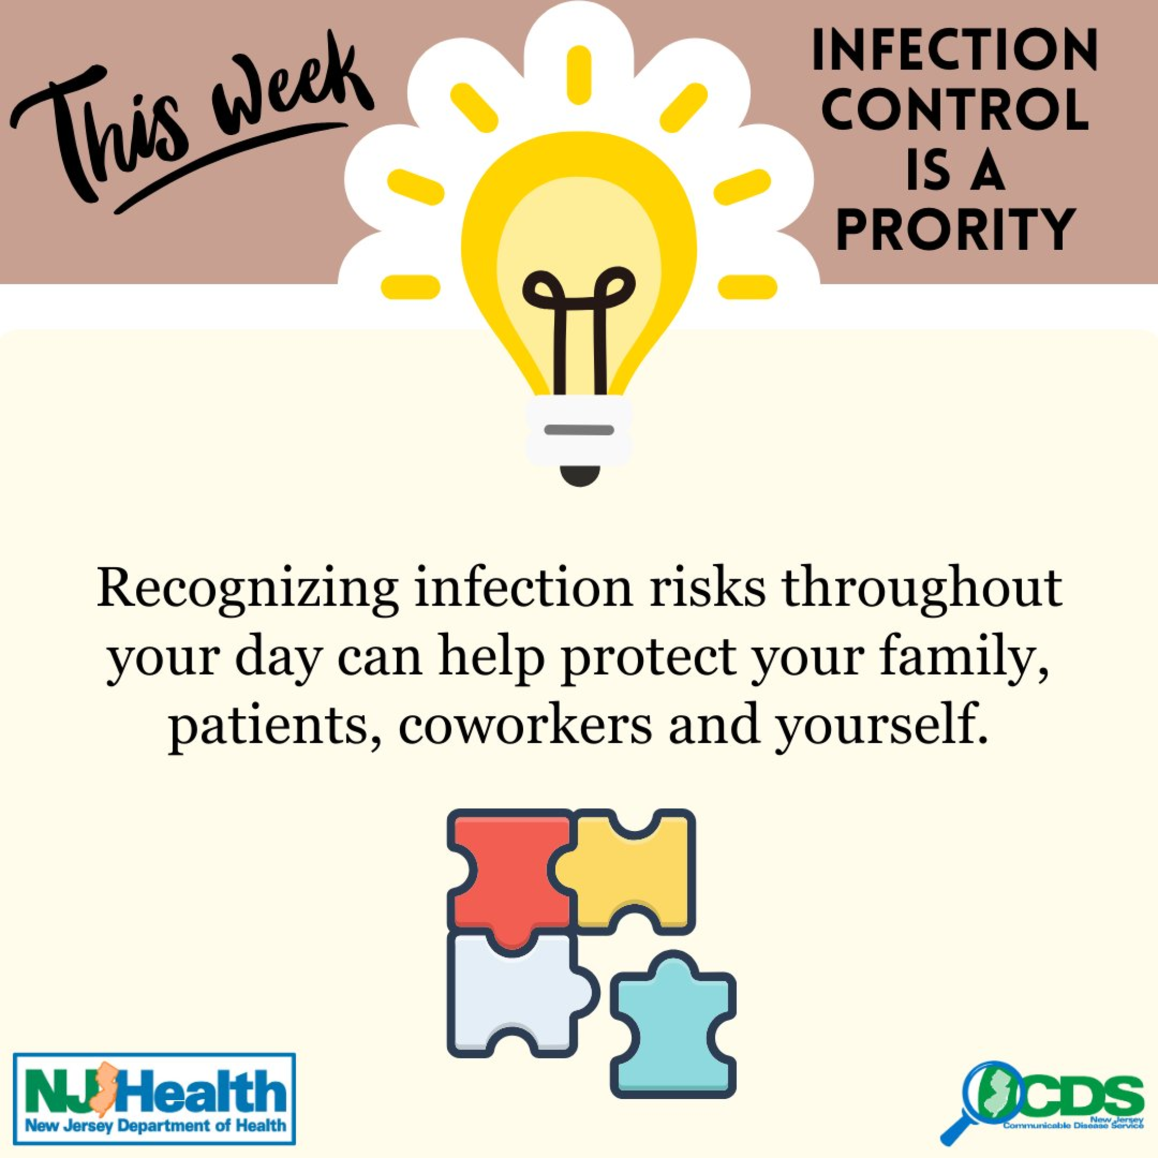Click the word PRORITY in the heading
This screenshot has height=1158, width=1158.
click(955, 228)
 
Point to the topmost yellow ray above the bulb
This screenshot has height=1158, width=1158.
click(579, 75)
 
